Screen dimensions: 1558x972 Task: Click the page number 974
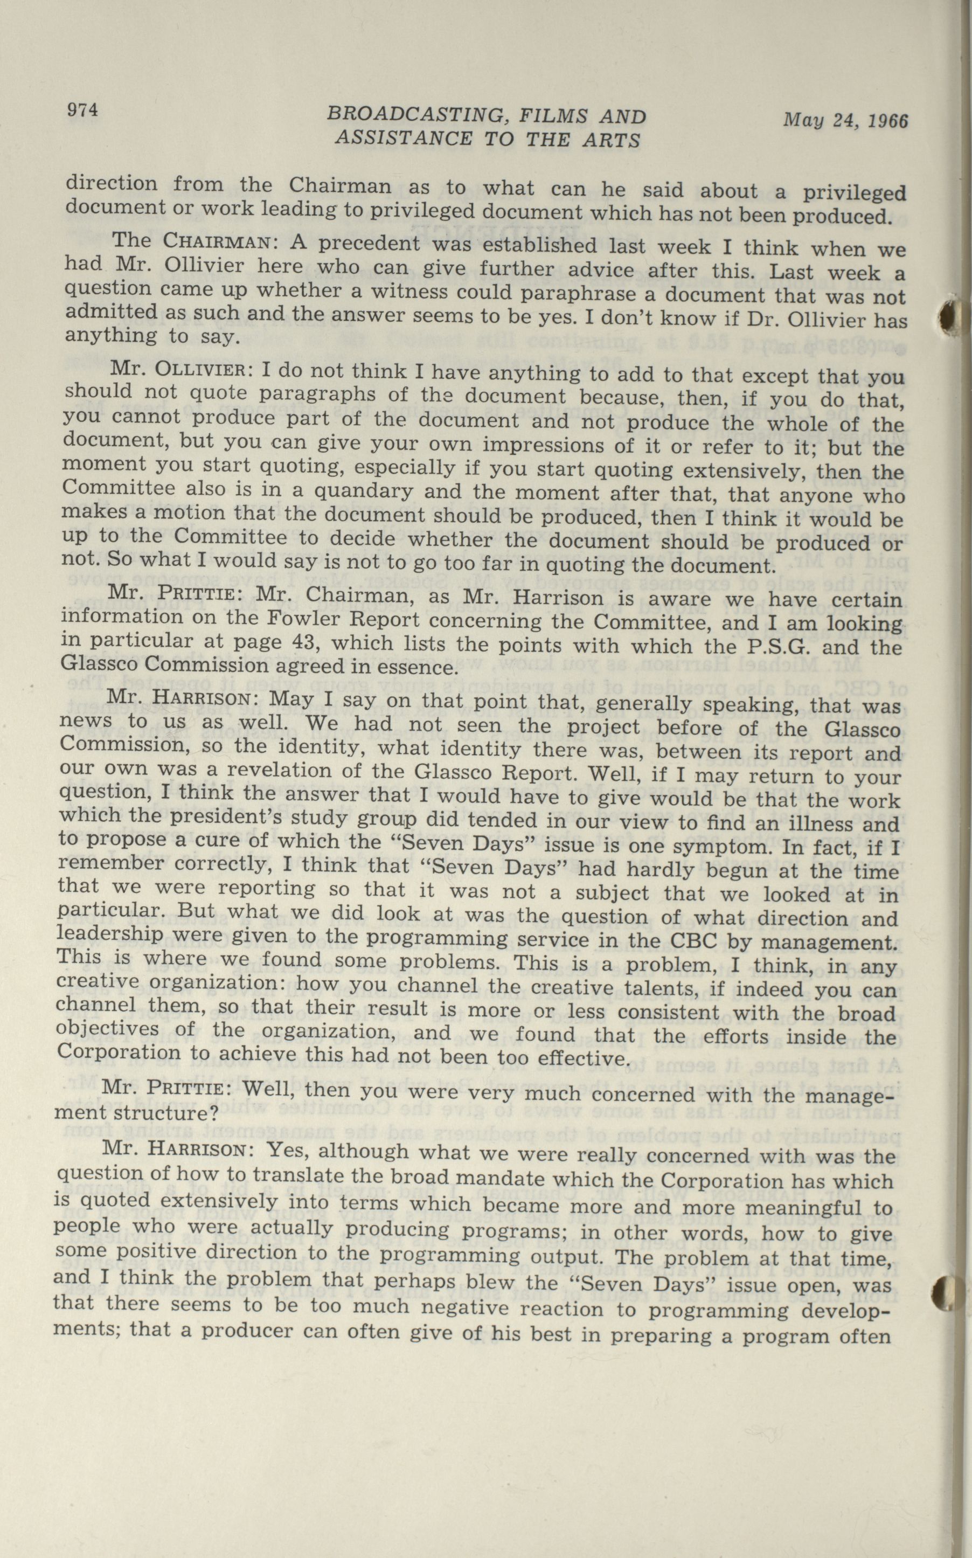coord(82,110)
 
